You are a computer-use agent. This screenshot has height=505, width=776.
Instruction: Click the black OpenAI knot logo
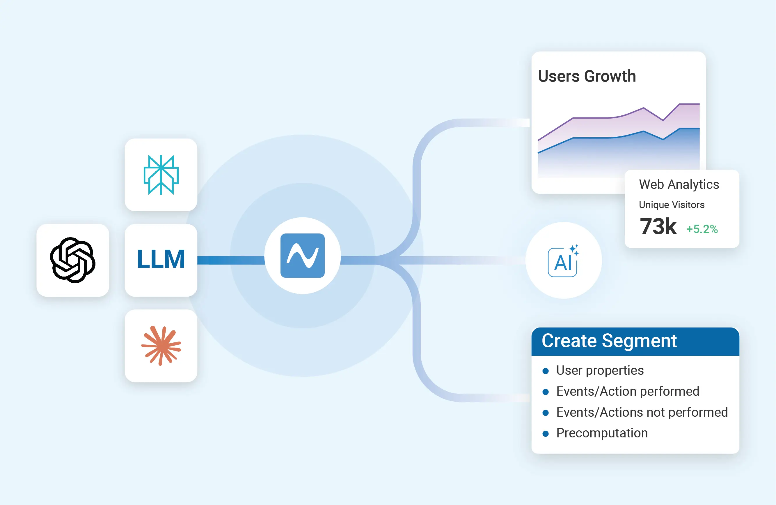point(73,260)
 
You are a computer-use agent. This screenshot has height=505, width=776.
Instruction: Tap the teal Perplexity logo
point(161,175)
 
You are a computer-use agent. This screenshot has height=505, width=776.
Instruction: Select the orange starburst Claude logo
point(161,345)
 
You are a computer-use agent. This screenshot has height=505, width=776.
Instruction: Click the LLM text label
point(161,259)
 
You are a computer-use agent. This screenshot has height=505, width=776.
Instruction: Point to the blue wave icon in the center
point(302,256)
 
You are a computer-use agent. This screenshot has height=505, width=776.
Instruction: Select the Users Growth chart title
point(587,76)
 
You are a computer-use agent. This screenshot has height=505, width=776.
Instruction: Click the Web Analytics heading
point(679,184)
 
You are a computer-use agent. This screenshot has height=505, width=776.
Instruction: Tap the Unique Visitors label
point(672,205)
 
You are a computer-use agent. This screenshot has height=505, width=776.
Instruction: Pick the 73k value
point(658,226)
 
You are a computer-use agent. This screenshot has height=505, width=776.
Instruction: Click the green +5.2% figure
point(702,229)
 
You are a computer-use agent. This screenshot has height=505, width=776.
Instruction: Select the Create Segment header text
point(609,341)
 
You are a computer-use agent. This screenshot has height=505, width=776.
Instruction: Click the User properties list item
point(600,370)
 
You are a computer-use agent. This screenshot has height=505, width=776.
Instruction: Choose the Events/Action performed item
point(628,391)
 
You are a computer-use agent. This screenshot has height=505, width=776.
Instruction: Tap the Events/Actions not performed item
point(642,412)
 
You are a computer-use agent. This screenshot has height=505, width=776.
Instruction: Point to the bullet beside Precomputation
point(546,434)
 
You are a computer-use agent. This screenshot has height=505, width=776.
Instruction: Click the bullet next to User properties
point(546,371)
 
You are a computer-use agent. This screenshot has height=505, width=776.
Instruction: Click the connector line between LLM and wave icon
point(231,260)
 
